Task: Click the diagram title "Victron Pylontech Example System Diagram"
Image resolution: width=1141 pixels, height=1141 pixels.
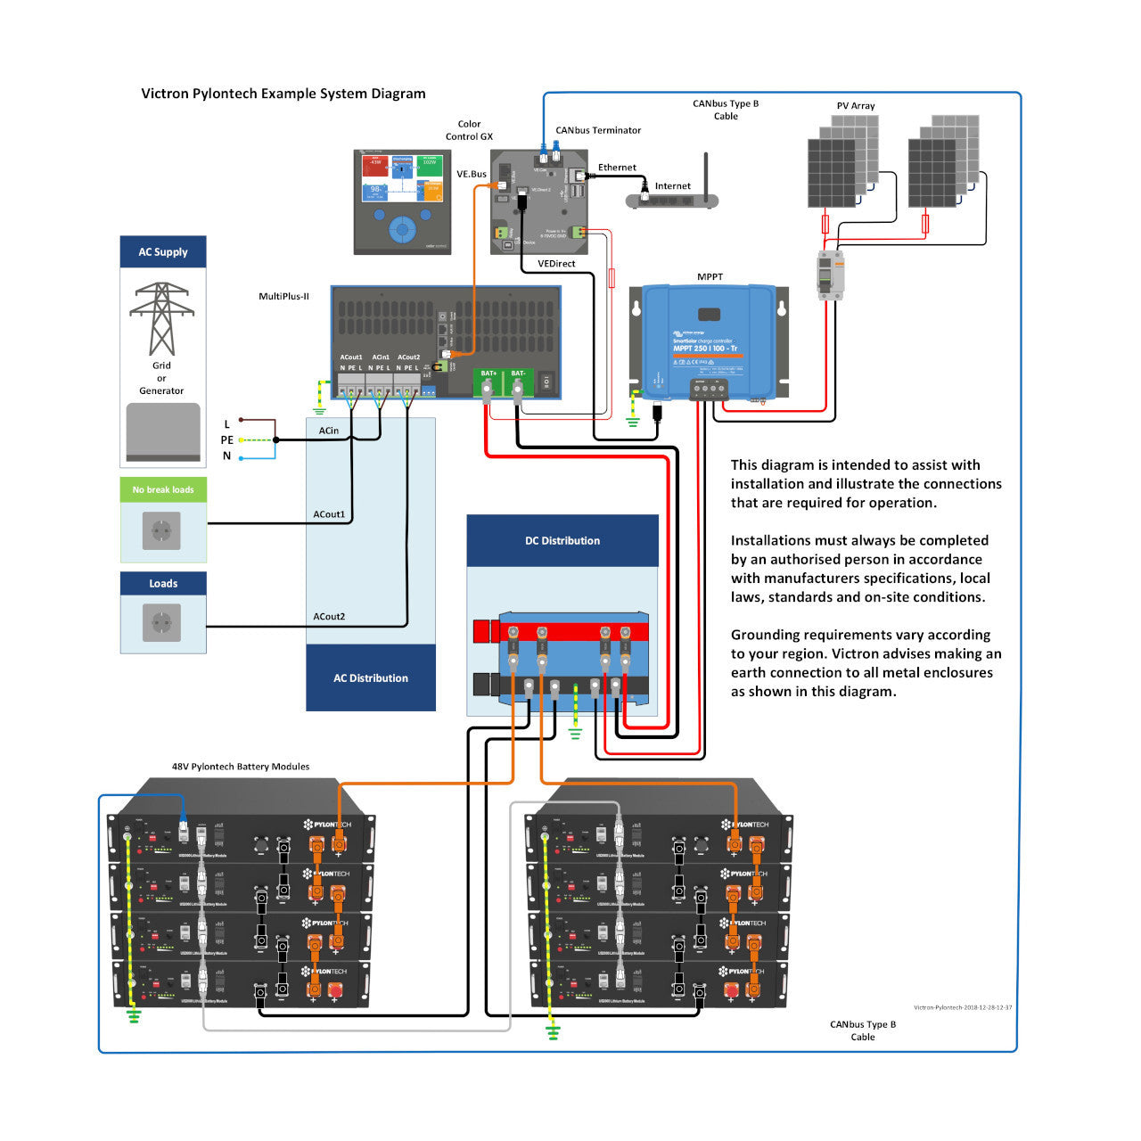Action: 283,94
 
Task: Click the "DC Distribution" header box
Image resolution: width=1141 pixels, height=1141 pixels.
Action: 562,541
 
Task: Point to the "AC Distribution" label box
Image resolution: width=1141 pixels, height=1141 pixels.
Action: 371,678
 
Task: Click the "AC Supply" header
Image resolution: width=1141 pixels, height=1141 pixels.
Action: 163,252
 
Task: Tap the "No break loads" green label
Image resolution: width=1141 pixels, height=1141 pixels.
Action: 163,489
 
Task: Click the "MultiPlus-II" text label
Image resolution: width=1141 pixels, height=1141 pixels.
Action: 283,296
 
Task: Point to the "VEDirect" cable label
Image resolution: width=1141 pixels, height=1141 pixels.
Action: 556,264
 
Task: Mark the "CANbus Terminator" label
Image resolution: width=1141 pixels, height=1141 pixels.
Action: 598,130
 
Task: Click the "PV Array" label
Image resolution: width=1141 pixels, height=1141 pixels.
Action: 856,106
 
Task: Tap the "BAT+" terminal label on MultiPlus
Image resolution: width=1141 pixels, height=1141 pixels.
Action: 488,373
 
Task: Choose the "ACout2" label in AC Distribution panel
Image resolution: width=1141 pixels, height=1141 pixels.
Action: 329,617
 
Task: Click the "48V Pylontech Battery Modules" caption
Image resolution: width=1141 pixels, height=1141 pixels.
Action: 241,767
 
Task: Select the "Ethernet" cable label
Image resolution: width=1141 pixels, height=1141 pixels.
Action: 617,168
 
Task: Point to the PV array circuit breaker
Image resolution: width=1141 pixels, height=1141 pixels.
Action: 830,274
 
